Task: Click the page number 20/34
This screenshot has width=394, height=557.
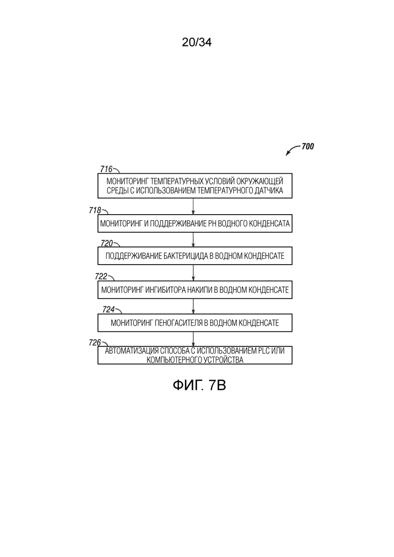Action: pyautogui.click(x=196, y=42)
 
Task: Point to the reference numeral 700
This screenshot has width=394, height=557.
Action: pyautogui.click(x=308, y=146)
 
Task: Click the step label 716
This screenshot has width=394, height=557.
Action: pyautogui.click(x=106, y=169)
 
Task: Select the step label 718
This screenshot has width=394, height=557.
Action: pyautogui.click(x=95, y=210)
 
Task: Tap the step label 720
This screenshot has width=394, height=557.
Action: pyautogui.click(x=106, y=243)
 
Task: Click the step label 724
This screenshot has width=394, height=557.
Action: pyautogui.click(x=109, y=310)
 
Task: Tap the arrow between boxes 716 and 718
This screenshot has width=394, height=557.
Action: pyautogui.click(x=194, y=206)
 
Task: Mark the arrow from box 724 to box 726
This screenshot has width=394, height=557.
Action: pyautogui.click(x=194, y=339)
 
